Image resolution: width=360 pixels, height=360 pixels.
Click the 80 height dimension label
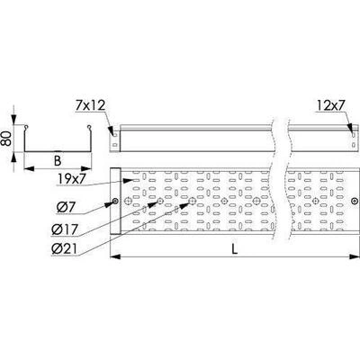(x=8, y=139)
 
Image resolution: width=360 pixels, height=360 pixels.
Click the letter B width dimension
(x=58, y=161)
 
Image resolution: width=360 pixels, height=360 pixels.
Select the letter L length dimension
(x=235, y=249)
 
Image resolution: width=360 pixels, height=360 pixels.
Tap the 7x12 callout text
(x=90, y=106)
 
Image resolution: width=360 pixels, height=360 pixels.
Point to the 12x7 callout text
(x=330, y=106)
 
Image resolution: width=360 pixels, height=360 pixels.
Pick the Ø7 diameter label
(x=67, y=207)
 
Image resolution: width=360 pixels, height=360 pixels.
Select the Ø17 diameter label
(x=65, y=230)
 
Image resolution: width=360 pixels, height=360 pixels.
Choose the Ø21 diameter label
(x=65, y=249)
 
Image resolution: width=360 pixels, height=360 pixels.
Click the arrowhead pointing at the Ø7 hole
(x=109, y=204)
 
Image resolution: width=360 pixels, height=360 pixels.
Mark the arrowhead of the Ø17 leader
(x=153, y=204)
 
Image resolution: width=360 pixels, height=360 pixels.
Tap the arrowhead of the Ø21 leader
(x=184, y=204)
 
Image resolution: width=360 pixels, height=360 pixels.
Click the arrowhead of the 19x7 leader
(x=130, y=180)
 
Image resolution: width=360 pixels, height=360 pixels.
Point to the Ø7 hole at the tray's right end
(x=355, y=201)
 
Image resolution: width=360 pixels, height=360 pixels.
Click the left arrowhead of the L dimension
(x=116, y=256)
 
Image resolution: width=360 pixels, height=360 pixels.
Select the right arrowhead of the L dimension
(x=355, y=256)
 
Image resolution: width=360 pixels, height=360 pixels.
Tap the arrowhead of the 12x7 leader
(x=350, y=127)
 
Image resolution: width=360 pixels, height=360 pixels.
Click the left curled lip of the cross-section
(x=26, y=127)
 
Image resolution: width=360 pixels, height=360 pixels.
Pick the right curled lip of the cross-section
(x=89, y=127)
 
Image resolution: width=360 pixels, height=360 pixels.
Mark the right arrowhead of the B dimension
(x=86, y=168)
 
